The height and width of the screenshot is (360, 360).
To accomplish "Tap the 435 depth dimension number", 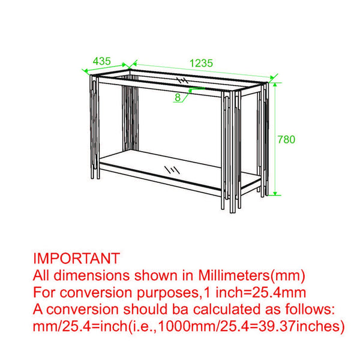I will coord(102,61).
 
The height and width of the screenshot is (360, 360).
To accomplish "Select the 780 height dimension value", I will coord(286,139).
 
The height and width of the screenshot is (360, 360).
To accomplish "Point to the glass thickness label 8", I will coord(179,96).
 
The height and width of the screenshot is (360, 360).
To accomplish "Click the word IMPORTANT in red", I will coord(76,259).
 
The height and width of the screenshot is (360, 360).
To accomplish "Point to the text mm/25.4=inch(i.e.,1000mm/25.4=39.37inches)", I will coord(188,326).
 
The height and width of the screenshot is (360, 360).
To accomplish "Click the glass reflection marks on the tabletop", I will coord(182,81).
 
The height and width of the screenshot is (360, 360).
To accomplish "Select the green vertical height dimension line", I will coord(275,138).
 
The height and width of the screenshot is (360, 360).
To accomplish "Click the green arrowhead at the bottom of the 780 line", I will coord(275,193).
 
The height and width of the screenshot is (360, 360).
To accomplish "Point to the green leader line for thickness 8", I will coord(187,93).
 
